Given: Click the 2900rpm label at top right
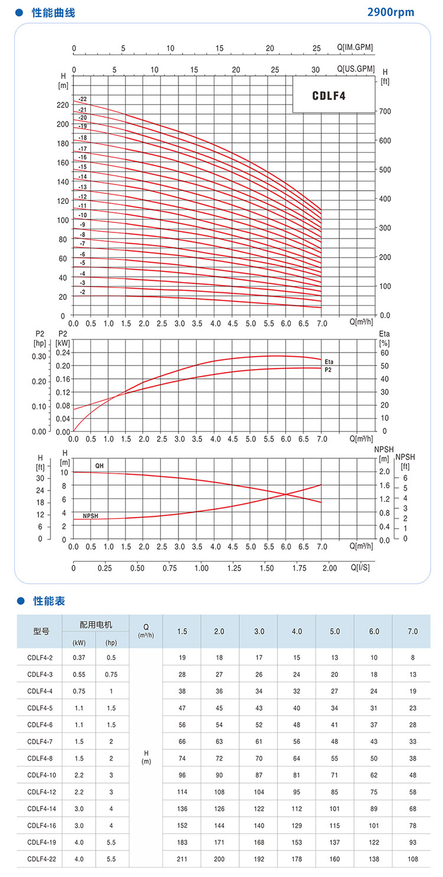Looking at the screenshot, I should (x=391, y=12).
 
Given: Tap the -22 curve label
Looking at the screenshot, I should (x=82, y=99).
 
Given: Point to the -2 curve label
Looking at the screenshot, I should (x=83, y=292).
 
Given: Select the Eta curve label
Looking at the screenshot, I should (x=329, y=361).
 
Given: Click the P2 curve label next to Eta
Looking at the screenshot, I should (x=328, y=369).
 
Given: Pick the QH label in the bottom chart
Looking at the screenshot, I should (x=99, y=466).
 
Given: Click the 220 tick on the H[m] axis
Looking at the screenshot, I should (x=63, y=105).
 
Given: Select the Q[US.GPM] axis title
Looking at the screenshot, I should (x=356, y=69).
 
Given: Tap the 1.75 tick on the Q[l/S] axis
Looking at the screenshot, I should (x=299, y=568).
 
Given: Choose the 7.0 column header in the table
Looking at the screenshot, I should (x=412, y=632).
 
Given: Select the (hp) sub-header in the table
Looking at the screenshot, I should (x=111, y=642).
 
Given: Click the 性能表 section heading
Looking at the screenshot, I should (x=49, y=601).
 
